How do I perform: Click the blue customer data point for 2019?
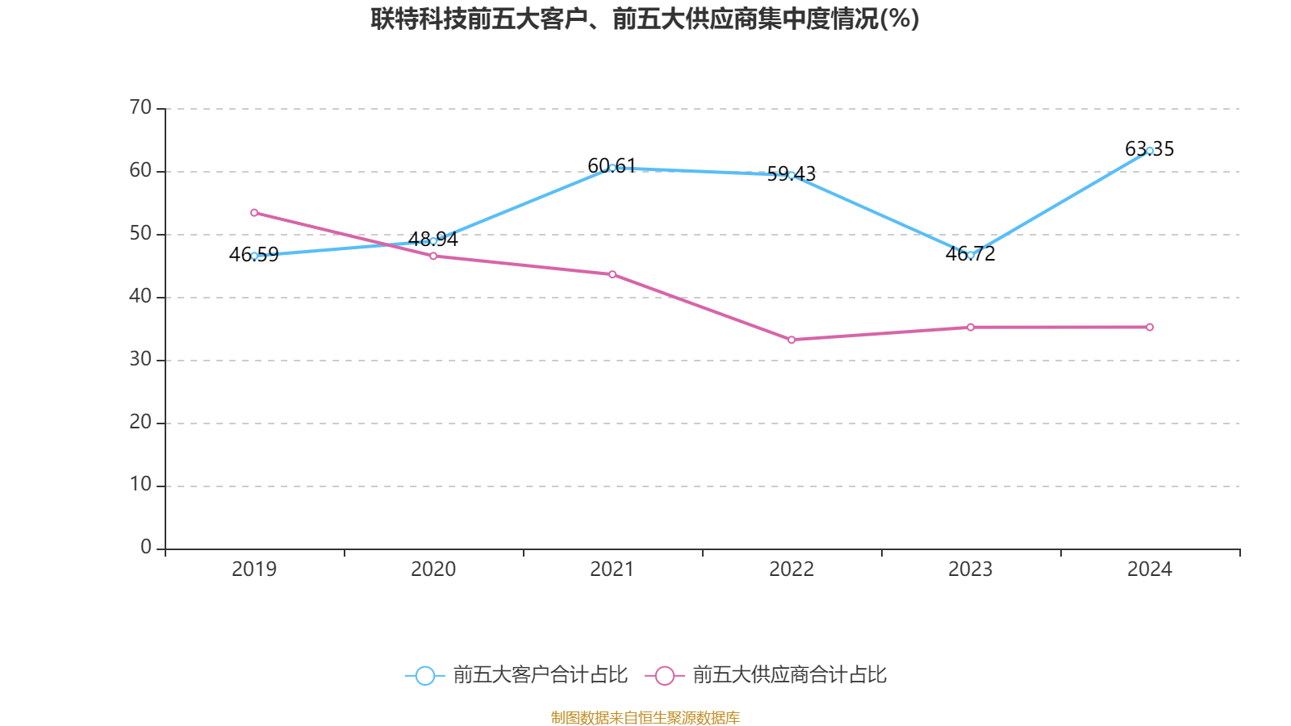point(254,256)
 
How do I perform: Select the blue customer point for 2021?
point(612,168)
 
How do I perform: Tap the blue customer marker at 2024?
point(1150,151)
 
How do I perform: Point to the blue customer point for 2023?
point(971,255)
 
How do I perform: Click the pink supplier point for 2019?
point(254,213)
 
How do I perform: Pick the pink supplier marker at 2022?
point(792,340)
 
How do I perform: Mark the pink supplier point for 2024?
point(1150,327)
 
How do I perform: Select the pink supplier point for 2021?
point(612,274)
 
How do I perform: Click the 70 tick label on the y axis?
point(140,107)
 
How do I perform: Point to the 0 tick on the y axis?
point(146,548)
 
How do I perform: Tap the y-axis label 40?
point(140,296)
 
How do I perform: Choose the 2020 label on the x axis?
point(433,570)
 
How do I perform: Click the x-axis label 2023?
point(971,570)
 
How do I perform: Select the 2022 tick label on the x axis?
point(792,570)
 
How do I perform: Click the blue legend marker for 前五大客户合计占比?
point(424,675)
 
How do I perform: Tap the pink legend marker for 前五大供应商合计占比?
point(664,675)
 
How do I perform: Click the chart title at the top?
point(645,19)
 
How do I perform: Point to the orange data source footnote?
point(645,717)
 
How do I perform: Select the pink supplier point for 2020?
point(433,256)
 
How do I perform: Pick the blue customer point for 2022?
point(792,175)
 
